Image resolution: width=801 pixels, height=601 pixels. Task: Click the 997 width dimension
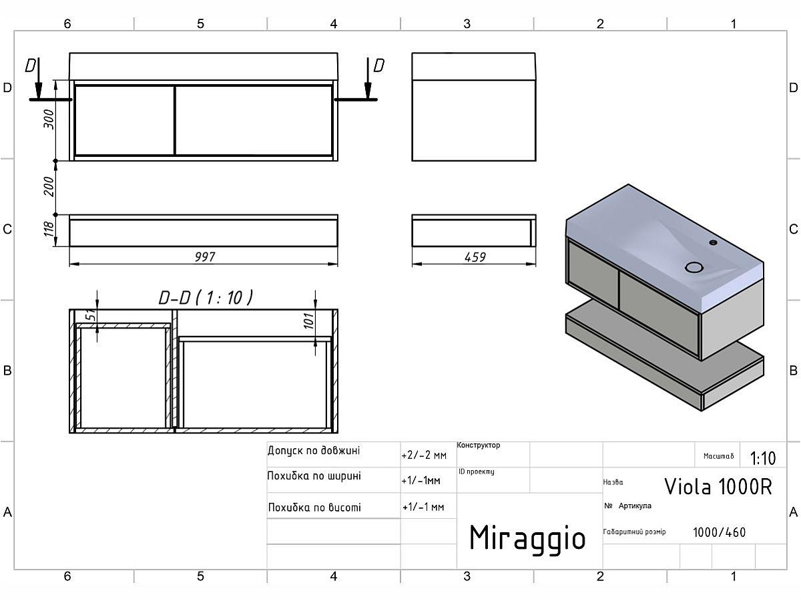[204, 257]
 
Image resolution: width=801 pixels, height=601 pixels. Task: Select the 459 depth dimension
[475, 257]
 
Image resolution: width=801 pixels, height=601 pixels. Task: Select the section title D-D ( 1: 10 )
[206, 298]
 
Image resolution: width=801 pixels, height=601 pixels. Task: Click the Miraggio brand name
[527, 538]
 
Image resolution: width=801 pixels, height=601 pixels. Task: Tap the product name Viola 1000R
[718, 487]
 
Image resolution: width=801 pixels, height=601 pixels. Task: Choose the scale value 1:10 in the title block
[763, 458]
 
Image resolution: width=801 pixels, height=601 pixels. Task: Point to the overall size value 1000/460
[719, 532]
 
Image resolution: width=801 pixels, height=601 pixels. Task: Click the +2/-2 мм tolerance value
[424, 455]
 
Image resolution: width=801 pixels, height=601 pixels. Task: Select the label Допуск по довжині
[314, 451]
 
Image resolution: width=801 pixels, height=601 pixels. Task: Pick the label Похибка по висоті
[314, 508]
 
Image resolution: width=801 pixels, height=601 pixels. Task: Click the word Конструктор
[479, 445]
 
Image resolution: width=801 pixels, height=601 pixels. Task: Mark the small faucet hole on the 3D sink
[713, 242]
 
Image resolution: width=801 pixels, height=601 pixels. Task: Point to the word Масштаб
[718, 457]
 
